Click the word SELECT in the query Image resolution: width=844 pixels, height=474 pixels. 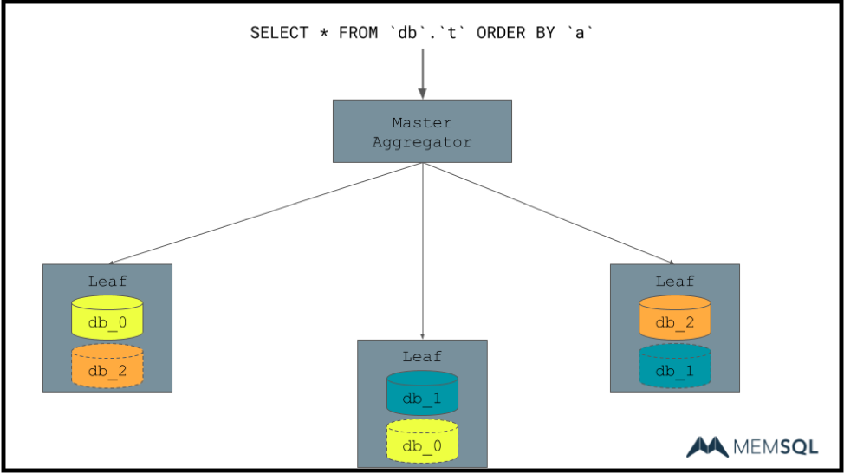point(279,33)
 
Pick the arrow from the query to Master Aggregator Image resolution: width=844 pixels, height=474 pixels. point(422,73)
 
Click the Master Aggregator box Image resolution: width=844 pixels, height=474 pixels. point(422,131)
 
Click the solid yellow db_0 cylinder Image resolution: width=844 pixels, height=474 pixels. point(107,318)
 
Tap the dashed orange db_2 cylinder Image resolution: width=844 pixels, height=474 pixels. point(107,367)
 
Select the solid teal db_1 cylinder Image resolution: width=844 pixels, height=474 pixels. point(422,393)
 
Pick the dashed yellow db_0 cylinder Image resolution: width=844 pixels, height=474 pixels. point(422,442)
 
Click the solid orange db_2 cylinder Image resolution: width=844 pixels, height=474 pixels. point(675,318)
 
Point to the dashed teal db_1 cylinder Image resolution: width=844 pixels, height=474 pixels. point(675,367)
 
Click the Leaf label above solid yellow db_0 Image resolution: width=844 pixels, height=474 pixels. point(107,281)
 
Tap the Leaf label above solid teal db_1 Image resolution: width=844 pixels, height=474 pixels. point(422,356)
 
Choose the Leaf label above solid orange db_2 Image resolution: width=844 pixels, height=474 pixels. point(675,281)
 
